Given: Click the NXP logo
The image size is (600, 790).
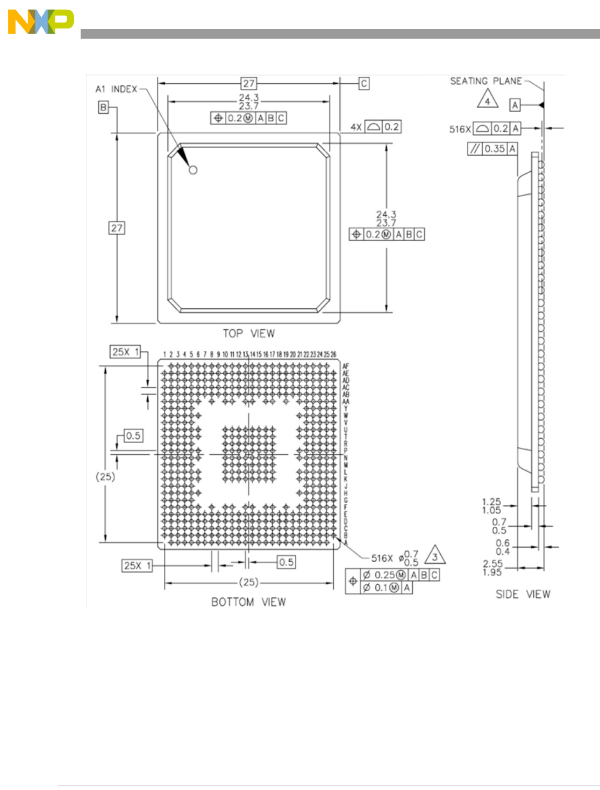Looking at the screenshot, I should (40, 22).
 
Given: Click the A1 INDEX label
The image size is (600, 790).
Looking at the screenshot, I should (116, 89).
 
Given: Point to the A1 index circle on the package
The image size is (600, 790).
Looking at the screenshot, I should (193, 170).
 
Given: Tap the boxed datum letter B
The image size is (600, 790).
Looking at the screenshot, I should (103, 107).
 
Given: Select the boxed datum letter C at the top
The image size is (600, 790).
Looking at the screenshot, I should (364, 83).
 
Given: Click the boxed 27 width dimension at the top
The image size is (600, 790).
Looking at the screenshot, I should (249, 83).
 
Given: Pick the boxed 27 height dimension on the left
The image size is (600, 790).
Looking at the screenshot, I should (117, 228).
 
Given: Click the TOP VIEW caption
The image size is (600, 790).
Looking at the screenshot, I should (248, 334).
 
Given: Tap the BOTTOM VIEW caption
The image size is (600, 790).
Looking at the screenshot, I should (248, 602).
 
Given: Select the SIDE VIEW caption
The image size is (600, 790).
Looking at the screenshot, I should (523, 594).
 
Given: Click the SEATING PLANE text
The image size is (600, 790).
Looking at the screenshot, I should (486, 81).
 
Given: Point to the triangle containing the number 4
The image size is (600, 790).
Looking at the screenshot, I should (488, 100).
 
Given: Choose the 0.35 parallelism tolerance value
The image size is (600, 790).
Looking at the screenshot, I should (495, 149).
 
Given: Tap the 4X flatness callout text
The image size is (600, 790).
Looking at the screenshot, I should (356, 127).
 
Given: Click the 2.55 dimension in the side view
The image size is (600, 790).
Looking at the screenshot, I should (492, 563).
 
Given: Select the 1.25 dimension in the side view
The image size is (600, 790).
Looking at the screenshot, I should (491, 502).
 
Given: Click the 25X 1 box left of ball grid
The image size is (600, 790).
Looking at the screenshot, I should (125, 352).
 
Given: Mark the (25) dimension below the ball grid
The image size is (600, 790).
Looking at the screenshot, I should (248, 582).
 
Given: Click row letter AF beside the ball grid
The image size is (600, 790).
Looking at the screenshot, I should (346, 366).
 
